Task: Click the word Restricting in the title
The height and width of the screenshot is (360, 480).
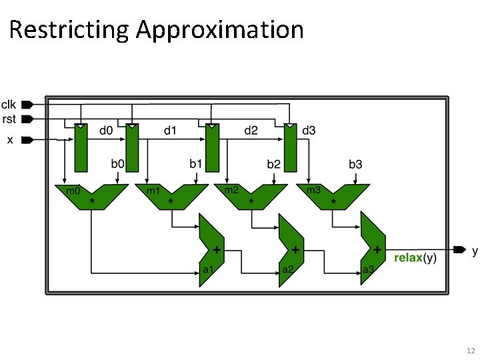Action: [69, 30]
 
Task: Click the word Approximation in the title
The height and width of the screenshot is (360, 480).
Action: [219, 30]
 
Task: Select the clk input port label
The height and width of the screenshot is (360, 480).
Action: [9, 104]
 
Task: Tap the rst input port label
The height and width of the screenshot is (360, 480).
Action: [9, 119]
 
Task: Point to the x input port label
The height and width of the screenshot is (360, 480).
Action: [9, 139]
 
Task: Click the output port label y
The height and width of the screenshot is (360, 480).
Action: [475, 251]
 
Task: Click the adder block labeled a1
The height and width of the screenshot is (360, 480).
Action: [210, 249]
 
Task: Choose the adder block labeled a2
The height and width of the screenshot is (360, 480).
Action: [290, 249]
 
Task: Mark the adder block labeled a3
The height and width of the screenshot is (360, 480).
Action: [372, 249]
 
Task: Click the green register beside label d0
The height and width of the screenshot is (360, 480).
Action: [81, 148]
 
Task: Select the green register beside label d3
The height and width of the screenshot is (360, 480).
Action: [290, 148]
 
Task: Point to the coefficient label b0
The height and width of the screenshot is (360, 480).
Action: [117, 163]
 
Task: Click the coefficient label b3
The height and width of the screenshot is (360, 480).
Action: [355, 163]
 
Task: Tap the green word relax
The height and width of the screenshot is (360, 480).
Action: [408, 258]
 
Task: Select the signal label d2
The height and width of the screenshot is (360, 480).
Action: [250, 131]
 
